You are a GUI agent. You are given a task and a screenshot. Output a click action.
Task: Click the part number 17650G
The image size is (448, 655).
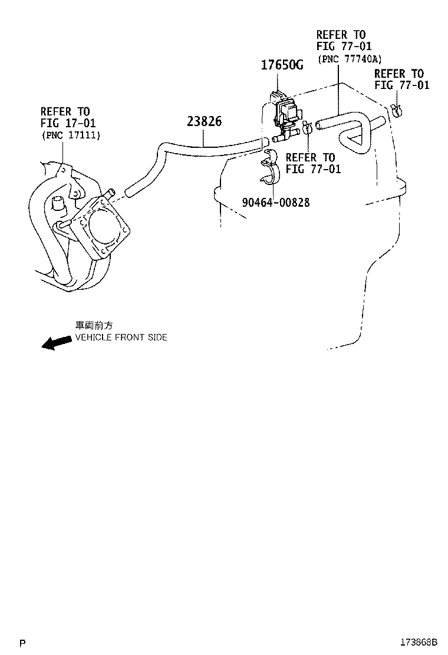282,65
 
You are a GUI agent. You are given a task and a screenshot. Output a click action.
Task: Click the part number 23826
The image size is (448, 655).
204,122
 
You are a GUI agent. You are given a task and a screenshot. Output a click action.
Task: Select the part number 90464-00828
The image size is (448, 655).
275,202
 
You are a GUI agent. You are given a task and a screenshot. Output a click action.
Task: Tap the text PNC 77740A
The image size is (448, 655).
349,59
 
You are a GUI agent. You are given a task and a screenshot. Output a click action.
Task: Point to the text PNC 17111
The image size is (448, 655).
71,135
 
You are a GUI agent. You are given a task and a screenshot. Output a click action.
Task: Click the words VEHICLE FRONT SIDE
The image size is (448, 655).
120,338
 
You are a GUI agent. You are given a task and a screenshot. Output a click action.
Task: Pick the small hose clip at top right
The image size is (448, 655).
397,110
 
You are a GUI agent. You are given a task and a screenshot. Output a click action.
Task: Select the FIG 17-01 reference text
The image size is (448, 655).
68,123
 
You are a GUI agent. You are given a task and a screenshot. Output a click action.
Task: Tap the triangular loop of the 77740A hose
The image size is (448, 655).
353,141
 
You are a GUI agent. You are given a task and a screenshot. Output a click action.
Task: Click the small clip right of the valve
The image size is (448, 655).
307,127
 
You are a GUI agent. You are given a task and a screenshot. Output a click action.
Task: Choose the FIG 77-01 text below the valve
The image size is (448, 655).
313,169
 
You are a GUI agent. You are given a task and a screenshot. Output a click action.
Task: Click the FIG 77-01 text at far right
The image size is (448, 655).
401,85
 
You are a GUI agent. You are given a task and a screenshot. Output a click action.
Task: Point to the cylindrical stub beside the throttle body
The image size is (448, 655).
58,204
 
